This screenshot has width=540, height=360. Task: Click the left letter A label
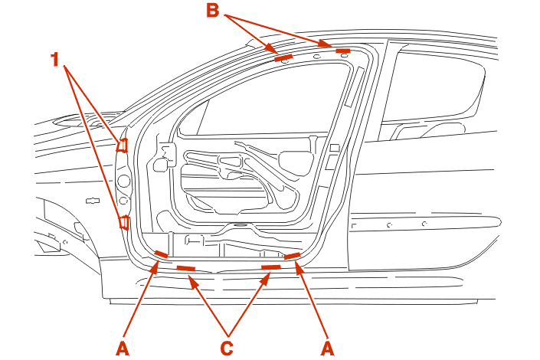123,349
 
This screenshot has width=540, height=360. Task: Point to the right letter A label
329,349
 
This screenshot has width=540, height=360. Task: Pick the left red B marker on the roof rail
283,57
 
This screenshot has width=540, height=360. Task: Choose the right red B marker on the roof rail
342,51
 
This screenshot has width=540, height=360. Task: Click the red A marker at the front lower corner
161,255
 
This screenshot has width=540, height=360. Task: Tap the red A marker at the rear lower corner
292,255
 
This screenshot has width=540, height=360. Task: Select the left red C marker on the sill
186,268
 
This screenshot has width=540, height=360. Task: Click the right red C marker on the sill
271,267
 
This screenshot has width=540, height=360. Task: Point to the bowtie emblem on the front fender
93,200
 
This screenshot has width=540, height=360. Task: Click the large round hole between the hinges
123,182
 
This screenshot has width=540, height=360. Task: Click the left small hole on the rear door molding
390,226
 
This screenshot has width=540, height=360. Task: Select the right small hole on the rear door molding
424,224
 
